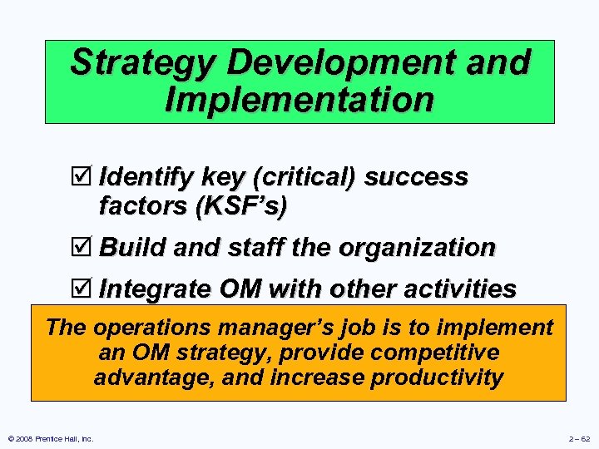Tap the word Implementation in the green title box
coord(299,99)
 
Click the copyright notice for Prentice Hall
coord(52,438)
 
